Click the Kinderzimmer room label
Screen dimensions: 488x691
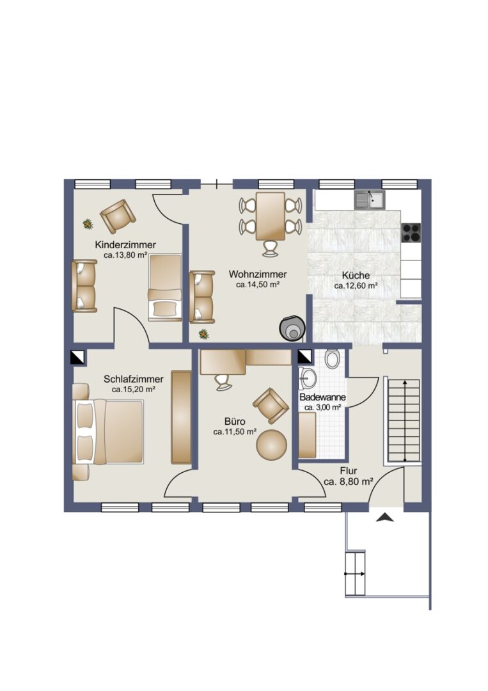[x=125, y=245]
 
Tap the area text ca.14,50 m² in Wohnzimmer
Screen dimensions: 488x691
[x=258, y=285]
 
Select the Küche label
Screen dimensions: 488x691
[x=356, y=275]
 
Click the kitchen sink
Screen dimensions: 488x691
[x=370, y=200]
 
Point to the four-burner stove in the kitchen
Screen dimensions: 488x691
[x=411, y=233]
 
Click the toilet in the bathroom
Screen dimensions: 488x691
[x=332, y=359]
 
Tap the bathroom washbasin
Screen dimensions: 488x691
[x=308, y=378]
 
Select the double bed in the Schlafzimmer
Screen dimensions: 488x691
[x=108, y=431]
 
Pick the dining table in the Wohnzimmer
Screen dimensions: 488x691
[x=271, y=216]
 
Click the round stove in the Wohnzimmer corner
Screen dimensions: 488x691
[x=292, y=328]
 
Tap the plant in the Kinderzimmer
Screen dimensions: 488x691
[x=88, y=224]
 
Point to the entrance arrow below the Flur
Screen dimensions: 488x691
[x=385, y=518]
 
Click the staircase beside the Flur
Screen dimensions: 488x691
[x=404, y=420]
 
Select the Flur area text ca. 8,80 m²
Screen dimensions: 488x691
[x=349, y=482]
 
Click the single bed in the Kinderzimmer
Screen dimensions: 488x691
[x=165, y=287]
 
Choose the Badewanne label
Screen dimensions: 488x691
[x=322, y=397]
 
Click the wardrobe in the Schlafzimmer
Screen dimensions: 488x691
[x=181, y=417]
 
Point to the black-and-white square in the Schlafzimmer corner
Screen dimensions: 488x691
[x=77, y=358]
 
